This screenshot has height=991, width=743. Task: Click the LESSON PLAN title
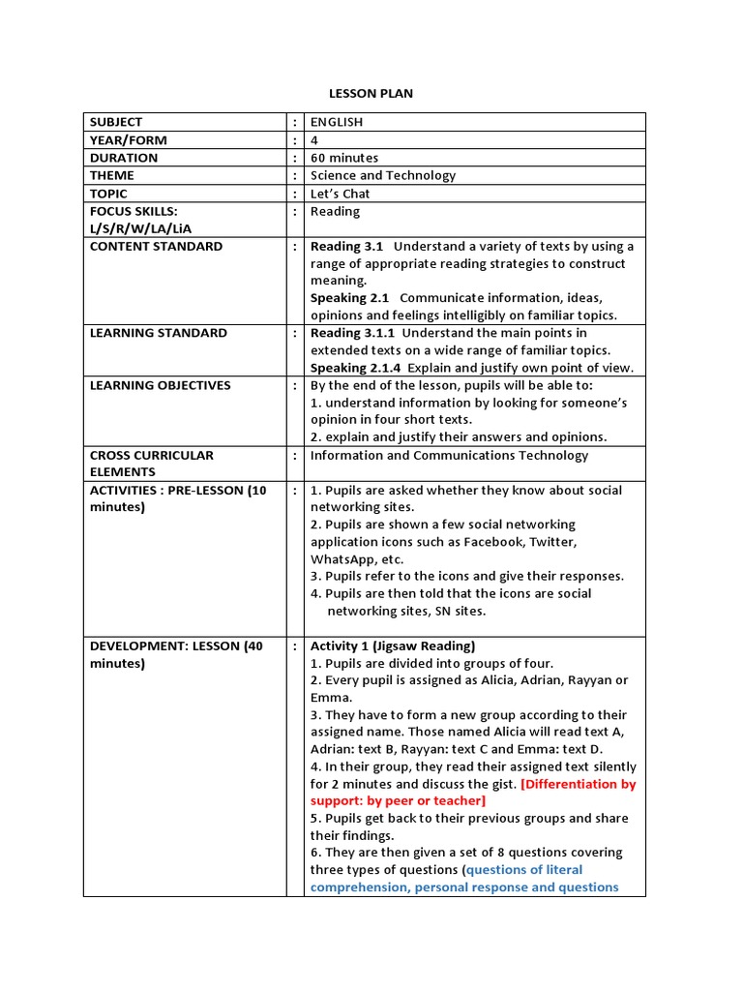[371, 93]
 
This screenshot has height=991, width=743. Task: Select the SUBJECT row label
[115, 122]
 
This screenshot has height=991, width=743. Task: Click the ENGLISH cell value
[336, 122]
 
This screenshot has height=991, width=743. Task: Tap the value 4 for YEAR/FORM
[314, 139]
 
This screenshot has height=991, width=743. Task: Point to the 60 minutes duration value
[344, 158]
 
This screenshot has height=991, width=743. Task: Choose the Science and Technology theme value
[382, 175]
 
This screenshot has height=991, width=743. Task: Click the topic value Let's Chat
[340, 194]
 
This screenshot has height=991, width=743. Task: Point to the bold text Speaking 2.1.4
[354, 368]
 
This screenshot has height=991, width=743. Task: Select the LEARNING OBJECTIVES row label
[160, 385]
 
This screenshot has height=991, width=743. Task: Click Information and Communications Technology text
[449, 455]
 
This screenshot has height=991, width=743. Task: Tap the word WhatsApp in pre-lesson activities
[343, 559]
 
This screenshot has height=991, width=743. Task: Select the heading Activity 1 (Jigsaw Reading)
[392, 646]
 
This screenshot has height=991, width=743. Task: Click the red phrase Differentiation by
[579, 784]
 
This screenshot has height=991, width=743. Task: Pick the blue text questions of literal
[524, 870]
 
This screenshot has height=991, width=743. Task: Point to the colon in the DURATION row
[294, 158]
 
